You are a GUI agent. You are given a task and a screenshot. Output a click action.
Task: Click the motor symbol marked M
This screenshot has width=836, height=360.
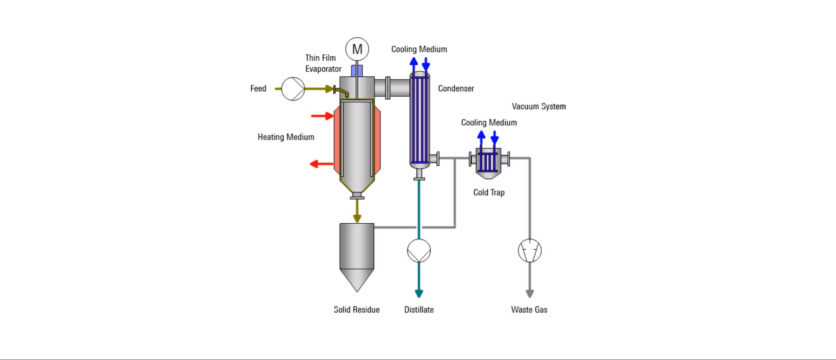click(357, 49)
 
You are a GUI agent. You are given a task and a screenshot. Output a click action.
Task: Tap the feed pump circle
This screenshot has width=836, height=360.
click(293, 89)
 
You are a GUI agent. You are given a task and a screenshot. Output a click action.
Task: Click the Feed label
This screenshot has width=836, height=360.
click(258, 88)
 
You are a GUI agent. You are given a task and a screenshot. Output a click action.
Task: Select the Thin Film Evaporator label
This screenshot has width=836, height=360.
click(323, 63)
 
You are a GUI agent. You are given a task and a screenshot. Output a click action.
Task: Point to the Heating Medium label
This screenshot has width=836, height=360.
click(286, 137)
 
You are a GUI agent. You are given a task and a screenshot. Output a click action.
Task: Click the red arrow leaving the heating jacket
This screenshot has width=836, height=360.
click(321, 164)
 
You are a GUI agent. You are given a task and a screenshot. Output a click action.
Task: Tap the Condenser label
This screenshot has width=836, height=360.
click(456, 88)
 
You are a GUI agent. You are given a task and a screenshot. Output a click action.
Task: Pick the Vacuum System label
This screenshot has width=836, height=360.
click(539, 106)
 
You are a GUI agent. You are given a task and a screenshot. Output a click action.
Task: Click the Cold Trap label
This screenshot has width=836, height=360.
click(489, 192)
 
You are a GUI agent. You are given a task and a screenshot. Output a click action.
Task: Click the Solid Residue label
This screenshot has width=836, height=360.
click(356, 310)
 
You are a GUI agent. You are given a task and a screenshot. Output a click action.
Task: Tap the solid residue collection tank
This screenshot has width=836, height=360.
click(357, 252)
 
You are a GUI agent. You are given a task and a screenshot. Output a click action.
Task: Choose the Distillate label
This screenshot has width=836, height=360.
click(419, 310)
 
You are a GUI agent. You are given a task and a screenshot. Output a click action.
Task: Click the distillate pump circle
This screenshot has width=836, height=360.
click(419, 251)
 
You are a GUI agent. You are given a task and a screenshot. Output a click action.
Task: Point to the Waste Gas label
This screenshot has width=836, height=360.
click(529, 310)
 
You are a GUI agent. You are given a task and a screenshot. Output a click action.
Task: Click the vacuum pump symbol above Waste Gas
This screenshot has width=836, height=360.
click(530, 251)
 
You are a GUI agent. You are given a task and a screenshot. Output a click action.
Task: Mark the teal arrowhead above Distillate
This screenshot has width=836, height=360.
click(419, 293)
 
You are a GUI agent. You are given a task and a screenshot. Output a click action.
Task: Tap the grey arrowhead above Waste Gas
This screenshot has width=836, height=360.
click(530, 293)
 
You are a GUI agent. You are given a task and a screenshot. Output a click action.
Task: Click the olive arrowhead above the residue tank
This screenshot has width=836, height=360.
click(357, 218)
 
